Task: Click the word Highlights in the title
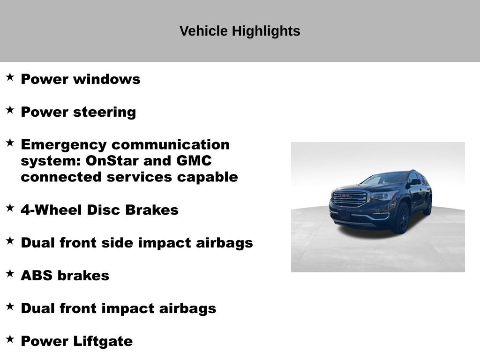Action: click(x=266, y=31)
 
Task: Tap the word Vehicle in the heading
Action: click(x=203, y=31)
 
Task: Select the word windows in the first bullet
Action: click(x=107, y=79)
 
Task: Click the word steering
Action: click(x=105, y=112)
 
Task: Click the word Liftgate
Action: click(x=103, y=341)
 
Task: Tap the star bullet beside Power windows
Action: click(x=10, y=77)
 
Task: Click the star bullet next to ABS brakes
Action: click(x=10, y=273)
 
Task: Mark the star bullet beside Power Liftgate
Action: click(x=10, y=339)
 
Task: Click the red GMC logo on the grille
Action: click(x=346, y=196)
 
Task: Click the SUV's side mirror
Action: click(x=415, y=182)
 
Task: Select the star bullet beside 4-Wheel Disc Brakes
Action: click(x=10, y=208)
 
